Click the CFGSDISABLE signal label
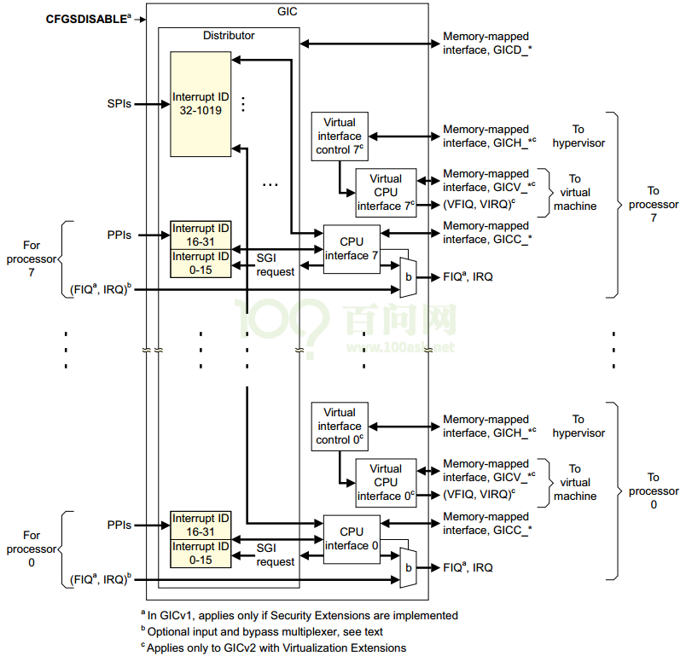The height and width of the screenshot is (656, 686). click(x=85, y=17)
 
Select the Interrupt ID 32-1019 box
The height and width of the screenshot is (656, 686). click(x=201, y=103)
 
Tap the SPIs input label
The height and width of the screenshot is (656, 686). click(x=119, y=104)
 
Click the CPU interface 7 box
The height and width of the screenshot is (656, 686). click(x=351, y=249)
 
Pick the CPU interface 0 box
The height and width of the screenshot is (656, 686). click(x=351, y=539)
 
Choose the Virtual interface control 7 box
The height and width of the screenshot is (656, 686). click(x=339, y=136)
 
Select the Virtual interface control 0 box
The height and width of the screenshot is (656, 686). click(x=339, y=427)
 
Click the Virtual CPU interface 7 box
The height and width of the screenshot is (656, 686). click(x=386, y=193)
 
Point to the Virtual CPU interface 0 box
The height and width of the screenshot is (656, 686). click(x=386, y=483)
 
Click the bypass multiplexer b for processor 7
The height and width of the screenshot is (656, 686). click(x=409, y=276)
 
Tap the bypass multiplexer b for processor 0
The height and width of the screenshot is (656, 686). click(x=409, y=566)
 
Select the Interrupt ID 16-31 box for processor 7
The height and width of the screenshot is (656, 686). click(x=201, y=235)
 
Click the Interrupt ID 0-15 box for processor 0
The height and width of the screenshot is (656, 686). click(x=201, y=553)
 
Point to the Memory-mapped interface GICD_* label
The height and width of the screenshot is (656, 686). click(x=486, y=44)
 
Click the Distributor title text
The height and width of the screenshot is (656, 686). click(x=228, y=35)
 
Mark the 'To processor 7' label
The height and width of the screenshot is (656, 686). click(x=653, y=205)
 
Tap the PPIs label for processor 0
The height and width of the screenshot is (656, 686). click(x=119, y=525)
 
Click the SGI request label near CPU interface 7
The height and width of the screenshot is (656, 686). click(x=276, y=265)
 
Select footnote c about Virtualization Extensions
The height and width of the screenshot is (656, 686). click(x=273, y=647)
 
